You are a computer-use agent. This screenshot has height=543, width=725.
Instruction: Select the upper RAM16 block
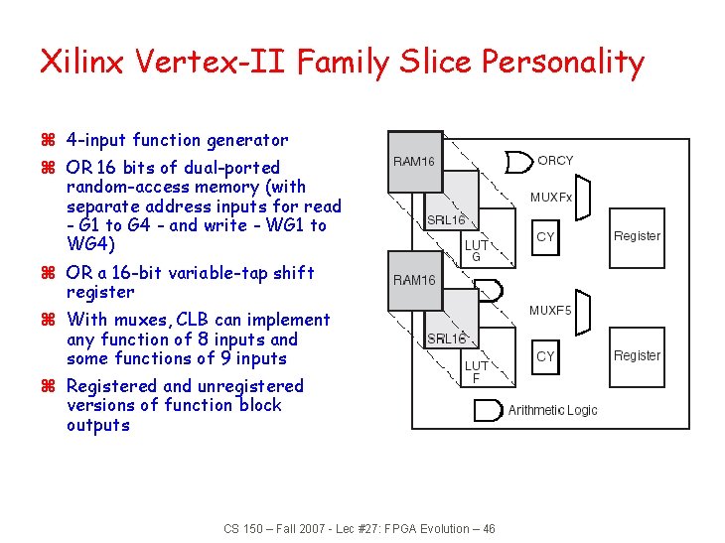coord(414,161)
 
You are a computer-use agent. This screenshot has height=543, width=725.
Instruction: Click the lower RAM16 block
coord(414,280)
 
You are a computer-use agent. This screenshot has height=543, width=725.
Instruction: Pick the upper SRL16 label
coord(446,220)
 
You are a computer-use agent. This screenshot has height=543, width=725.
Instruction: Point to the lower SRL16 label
coord(446,339)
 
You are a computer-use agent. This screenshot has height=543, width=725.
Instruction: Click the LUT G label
coord(476,250)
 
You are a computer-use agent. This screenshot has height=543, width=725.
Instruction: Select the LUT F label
coord(476,371)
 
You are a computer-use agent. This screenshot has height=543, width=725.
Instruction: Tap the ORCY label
coord(555,161)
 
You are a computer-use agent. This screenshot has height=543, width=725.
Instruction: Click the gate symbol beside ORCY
coord(517,162)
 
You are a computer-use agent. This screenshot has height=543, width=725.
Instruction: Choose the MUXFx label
coord(550,198)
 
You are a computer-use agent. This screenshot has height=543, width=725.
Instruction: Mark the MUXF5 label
coord(549,311)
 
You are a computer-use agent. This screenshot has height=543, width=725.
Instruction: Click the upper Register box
coord(637,236)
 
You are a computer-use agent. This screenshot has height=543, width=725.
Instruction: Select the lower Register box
coord(637,355)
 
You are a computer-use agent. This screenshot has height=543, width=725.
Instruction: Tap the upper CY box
coord(545,236)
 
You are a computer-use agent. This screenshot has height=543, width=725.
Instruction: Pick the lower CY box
coord(545,355)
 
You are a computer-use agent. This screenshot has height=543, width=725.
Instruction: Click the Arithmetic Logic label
coord(552,410)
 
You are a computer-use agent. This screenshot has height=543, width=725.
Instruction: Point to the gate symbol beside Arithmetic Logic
coord(488,409)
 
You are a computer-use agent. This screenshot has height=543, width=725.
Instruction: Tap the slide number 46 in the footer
coord(488,529)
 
